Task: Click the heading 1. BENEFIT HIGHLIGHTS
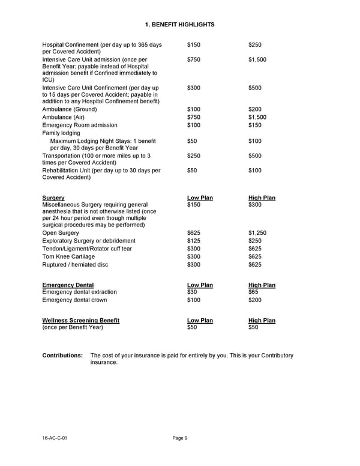180,24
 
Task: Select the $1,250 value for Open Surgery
257,233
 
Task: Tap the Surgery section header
53,198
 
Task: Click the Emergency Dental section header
68,285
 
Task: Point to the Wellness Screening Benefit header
81,321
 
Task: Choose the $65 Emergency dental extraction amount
254,292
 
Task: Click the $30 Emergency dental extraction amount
193,292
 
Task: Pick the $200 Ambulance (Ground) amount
255,110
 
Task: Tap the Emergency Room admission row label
79,126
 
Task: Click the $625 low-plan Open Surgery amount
194,233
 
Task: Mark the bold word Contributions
62,356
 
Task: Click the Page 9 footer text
180,438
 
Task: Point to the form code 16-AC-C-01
55,438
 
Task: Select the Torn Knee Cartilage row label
68,256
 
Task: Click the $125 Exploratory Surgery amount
194,241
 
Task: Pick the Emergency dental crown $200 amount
255,300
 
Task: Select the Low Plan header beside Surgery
200,198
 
